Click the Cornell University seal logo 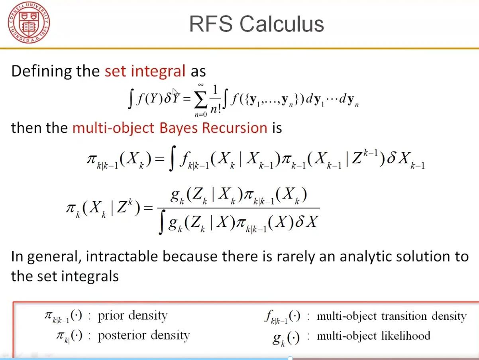click(29, 22)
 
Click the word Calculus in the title click(281, 24)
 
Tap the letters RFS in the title click(211, 24)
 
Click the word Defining click(41, 71)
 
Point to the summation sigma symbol click(200, 99)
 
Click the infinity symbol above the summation click(201, 85)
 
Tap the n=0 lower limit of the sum click(200, 114)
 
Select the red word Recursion click(235, 128)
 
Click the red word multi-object click(113, 128)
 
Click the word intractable click(122, 256)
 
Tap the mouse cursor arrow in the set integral click(175, 92)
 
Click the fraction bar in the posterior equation click(238, 208)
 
